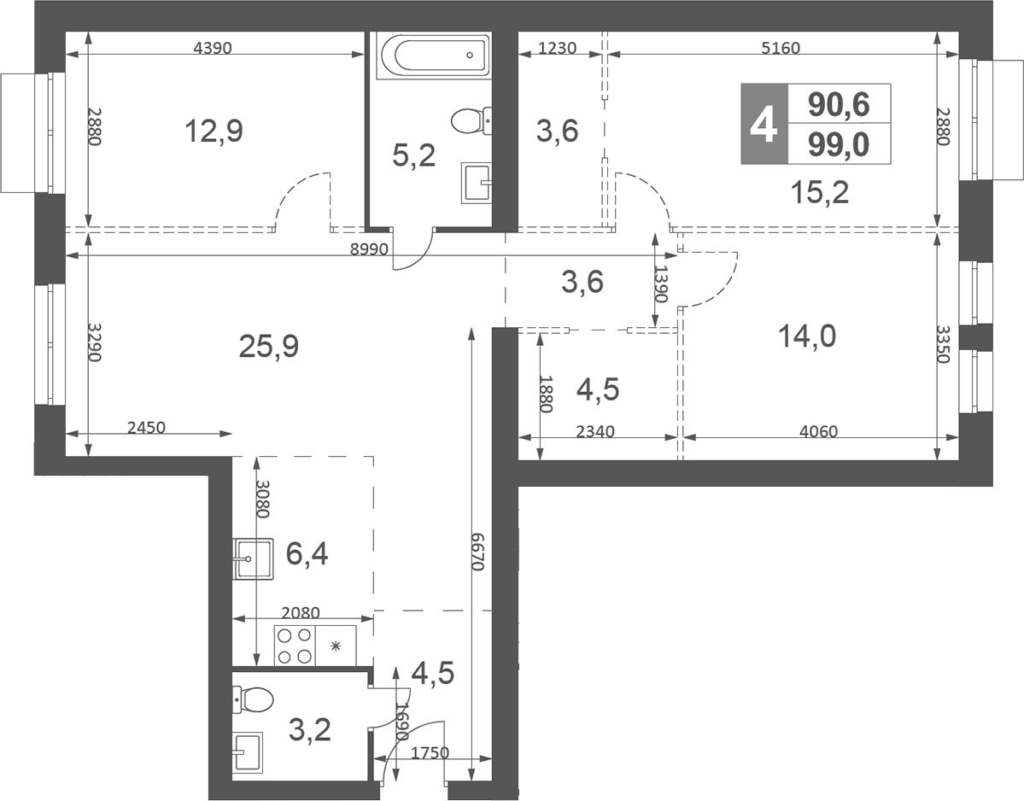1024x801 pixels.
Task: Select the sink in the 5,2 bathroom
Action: pyautogui.click(x=477, y=182)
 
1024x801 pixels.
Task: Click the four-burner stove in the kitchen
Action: pyautogui.click(x=295, y=646)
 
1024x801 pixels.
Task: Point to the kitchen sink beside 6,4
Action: pyautogui.click(x=252, y=559)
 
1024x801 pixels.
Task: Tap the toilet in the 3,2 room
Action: pyautogui.click(x=255, y=702)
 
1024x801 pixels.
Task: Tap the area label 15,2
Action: pyautogui.click(x=819, y=194)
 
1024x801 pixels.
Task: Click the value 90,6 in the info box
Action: pyautogui.click(x=839, y=104)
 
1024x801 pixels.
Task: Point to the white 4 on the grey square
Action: pyautogui.click(x=764, y=125)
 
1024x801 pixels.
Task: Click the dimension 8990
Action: pyautogui.click(x=369, y=248)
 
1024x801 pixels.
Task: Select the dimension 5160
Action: pyautogui.click(x=780, y=48)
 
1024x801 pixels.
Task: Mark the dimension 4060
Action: pyautogui.click(x=817, y=431)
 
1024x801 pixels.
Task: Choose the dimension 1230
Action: pyautogui.click(x=560, y=48)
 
